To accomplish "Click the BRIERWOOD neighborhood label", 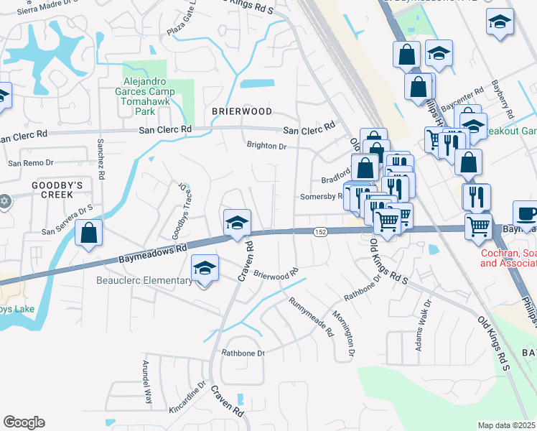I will [x=242, y=112].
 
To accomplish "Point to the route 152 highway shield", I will [x=320, y=231].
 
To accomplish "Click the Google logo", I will [x=24, y=422].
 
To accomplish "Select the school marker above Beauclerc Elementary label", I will [x=205, y=270].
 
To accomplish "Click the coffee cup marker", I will [x=526, y=213].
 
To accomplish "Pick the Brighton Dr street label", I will [x=266, y=147].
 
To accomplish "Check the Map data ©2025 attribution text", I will [x=507, y=425].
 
